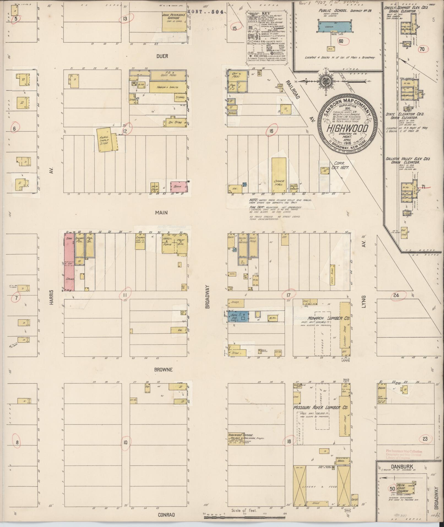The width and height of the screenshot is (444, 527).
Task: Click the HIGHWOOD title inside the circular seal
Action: click(x=347, y=129)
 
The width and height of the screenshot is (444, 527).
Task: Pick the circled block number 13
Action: click(x=125, y=19)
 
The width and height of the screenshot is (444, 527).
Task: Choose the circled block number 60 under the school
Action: click(x=341, y=41)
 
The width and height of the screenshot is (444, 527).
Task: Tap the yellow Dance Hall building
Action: click(x=279, y=175)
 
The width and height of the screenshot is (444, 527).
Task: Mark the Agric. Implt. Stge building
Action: click(x=105, y=140)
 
